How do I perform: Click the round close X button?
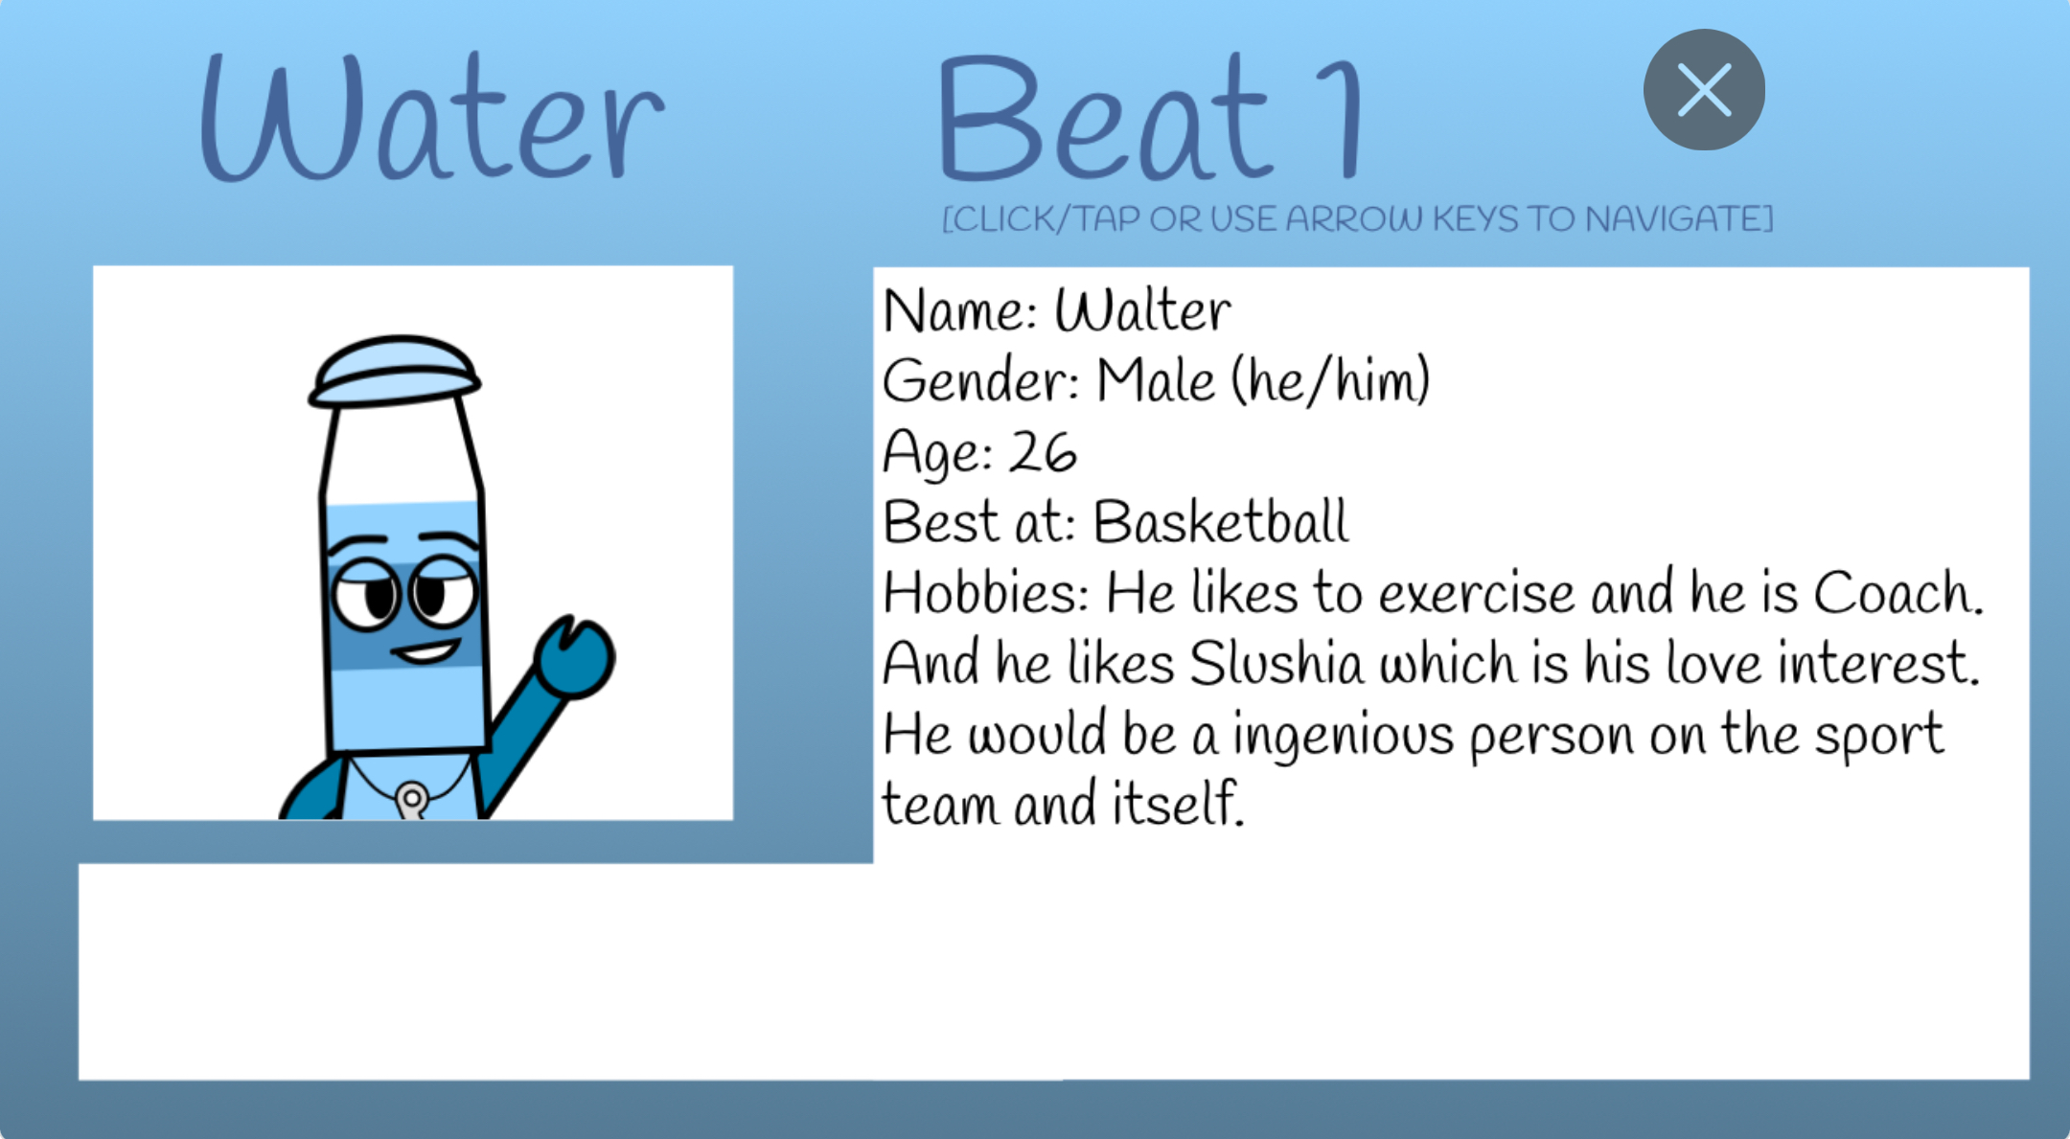(1704, 90)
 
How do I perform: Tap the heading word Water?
(431, 117)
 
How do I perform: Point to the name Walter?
(1142, 310)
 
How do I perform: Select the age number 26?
(1044, 451)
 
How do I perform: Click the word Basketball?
(1221, 522)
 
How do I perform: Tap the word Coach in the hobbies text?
(1897, 592)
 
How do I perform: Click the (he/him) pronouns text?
(1331, 380)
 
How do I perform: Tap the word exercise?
(1477, 594)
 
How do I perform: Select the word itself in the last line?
(1177, 803)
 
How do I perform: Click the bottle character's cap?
(395, 371)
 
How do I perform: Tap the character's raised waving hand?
(574, 656)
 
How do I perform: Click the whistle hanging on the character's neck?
(412, 801)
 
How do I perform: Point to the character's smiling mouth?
(425, 652)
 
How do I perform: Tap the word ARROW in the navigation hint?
(1354, 219)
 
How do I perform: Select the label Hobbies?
(985, 592)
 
